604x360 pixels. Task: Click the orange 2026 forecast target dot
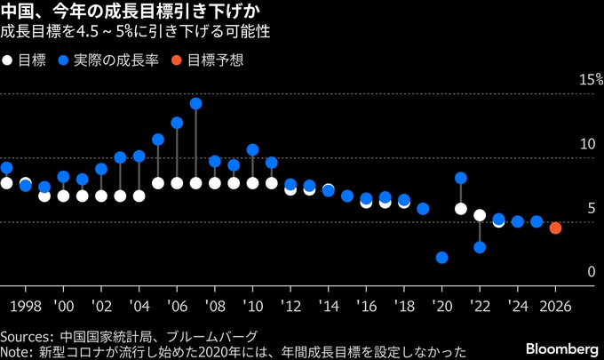[x=555, y=228]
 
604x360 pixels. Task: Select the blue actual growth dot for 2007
[x=195, y=103]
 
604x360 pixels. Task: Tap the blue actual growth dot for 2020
[x=441, y=258]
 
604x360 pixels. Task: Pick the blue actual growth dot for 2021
[x=461, y=178]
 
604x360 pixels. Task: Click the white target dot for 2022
[x=480, y=215]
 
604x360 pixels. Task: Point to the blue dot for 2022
[x=480, y=247]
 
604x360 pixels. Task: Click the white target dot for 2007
[x=195, y=183]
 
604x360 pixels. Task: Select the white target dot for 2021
[x=461, y=209]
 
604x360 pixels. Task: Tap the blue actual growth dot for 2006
[x=177, y=123]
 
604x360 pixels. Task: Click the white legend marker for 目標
[x=7, y=60]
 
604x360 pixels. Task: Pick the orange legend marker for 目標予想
[x=178, y=60]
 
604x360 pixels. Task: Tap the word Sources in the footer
[x=26, y=337]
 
